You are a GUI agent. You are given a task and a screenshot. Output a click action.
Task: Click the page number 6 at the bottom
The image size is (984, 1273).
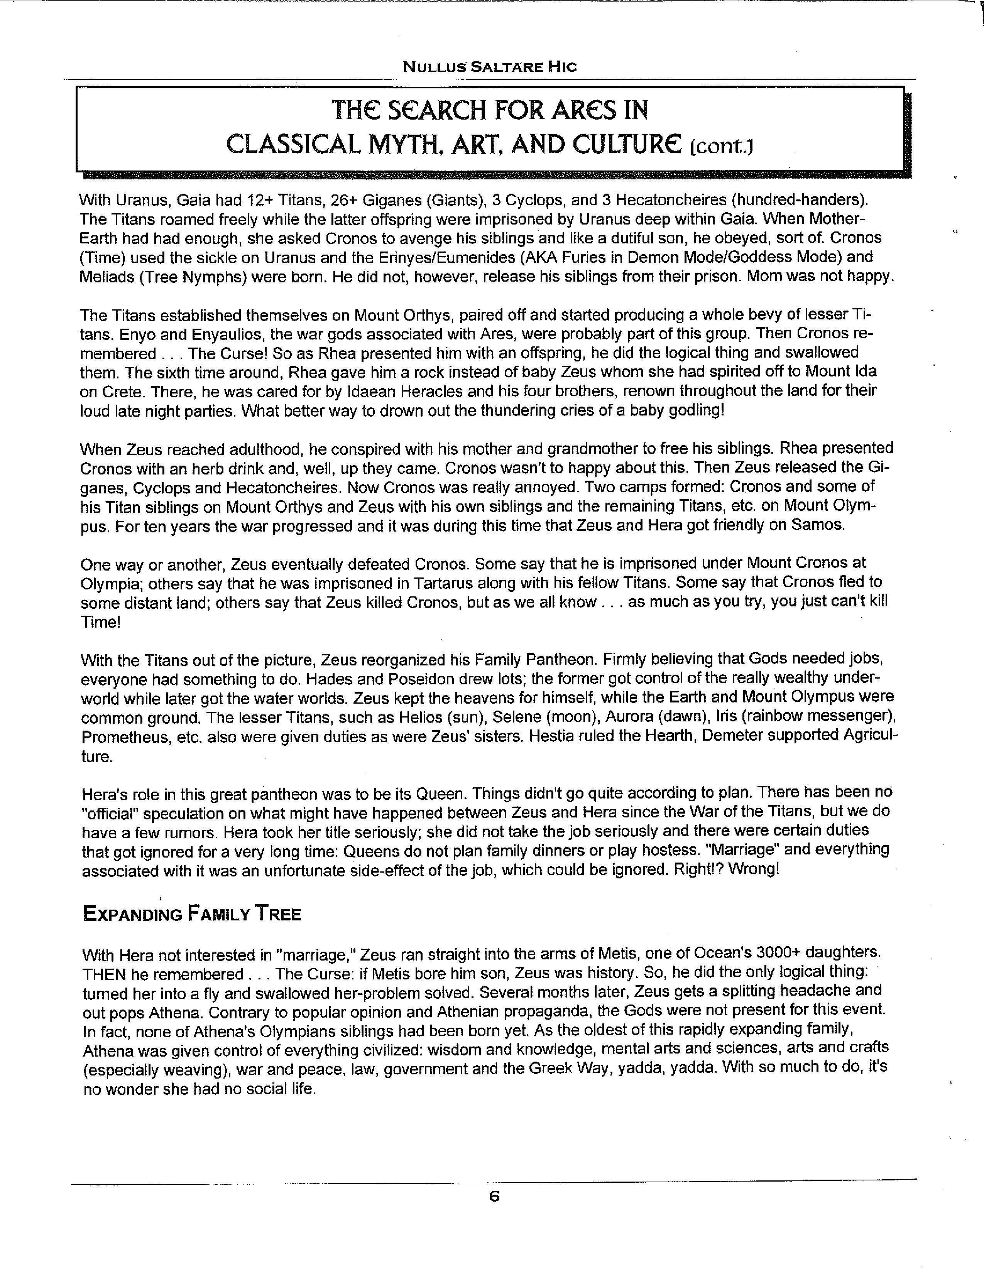tap(494, 1197)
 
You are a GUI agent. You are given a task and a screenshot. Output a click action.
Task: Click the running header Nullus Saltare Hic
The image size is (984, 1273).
tap(490, 67)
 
